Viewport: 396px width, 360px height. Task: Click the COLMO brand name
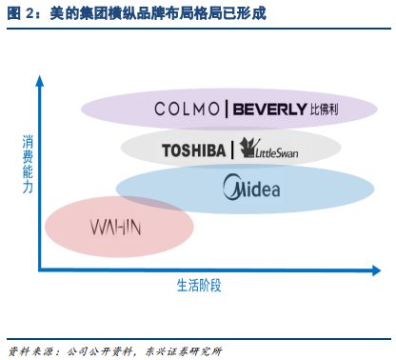(x=188, y=110)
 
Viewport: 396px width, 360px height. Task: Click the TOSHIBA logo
(x=194, y=150)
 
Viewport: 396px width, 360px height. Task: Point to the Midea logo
(x=250, y=188)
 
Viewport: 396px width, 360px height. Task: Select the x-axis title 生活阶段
(x=199, y=285)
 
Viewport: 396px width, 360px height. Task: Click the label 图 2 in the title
(x=21, y=14)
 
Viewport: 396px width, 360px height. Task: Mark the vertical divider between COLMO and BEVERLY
(x=226, y=110)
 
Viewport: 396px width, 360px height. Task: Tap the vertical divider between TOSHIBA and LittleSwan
(x=233, y=150)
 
